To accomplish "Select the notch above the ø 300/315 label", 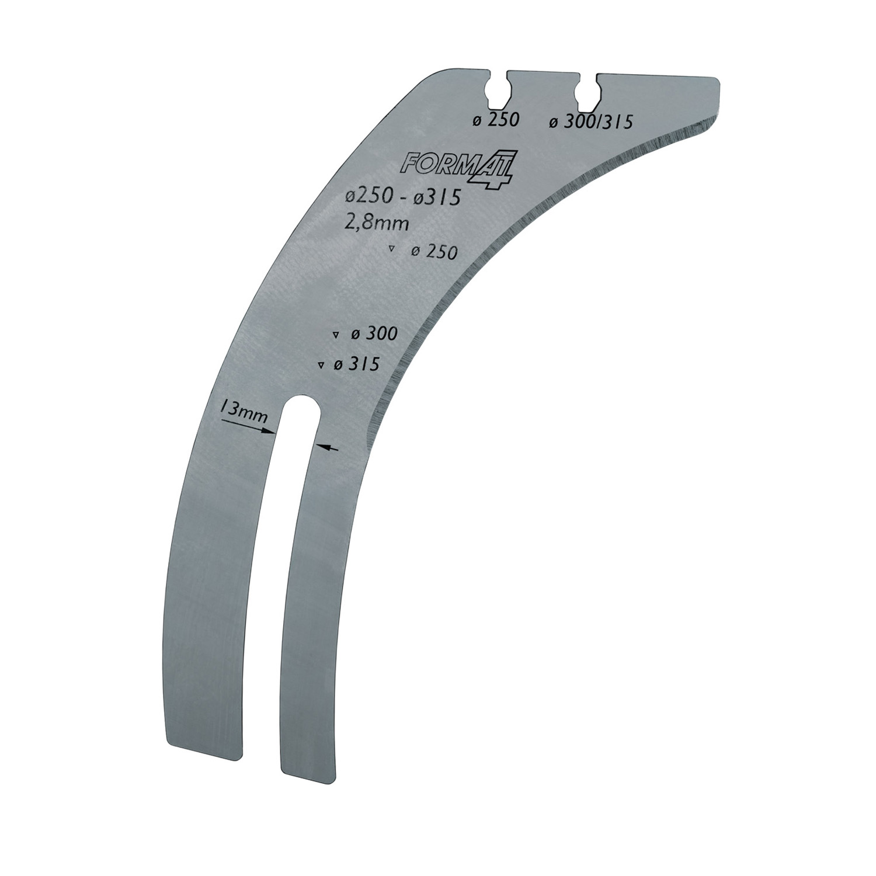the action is tap(585, 93).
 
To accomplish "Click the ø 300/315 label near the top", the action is tap(591, 122).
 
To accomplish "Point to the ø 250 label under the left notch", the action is tap(496, 120).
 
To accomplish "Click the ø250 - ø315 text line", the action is tap(402, 198).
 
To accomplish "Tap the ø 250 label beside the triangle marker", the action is tap(434, 252).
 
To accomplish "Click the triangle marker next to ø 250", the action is tap(391, 250).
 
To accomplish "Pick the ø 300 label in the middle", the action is tap(374, 334).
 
